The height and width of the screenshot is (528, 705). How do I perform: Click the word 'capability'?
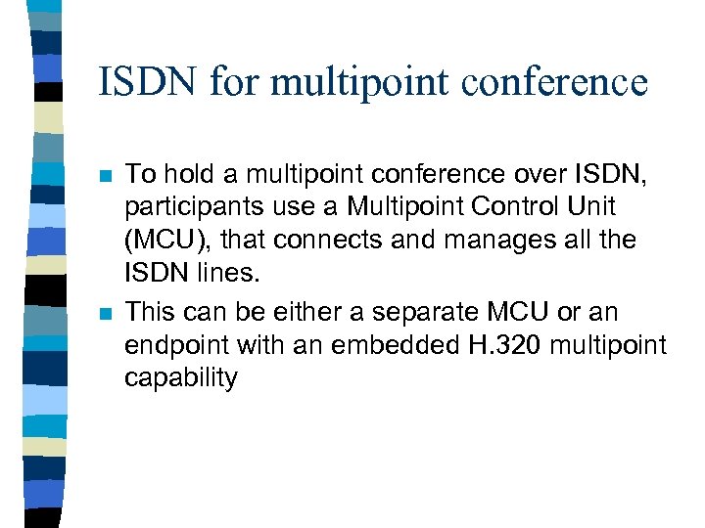pos(180,378)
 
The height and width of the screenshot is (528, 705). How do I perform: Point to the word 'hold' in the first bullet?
pos(189,175)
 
